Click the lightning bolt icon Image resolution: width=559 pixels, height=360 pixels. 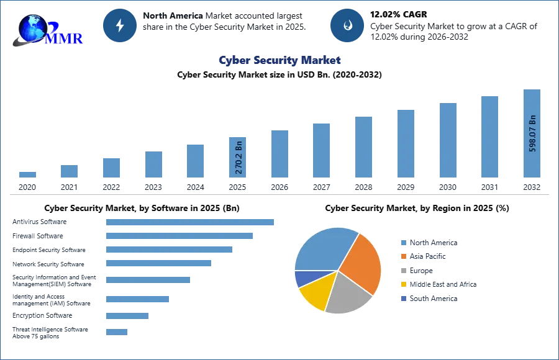pos(120,25)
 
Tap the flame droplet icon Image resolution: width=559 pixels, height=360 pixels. pos(347,25)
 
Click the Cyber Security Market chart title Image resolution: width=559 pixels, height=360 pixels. pos(279,60)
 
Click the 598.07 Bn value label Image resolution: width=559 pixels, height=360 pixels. pos(532,132)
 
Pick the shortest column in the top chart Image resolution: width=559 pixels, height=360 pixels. pos(27,174)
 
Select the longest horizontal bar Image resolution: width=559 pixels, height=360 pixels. pos(190,223)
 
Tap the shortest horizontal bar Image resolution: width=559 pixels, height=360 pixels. pos(117,333)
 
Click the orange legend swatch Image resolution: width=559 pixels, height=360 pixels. pos(403,257)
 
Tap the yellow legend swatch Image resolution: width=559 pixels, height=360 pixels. pos(403,284)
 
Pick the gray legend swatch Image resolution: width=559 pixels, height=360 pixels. pos(403,271)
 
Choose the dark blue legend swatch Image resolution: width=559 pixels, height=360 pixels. pos(403,299)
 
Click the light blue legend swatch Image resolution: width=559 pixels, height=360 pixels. pos(403,243)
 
